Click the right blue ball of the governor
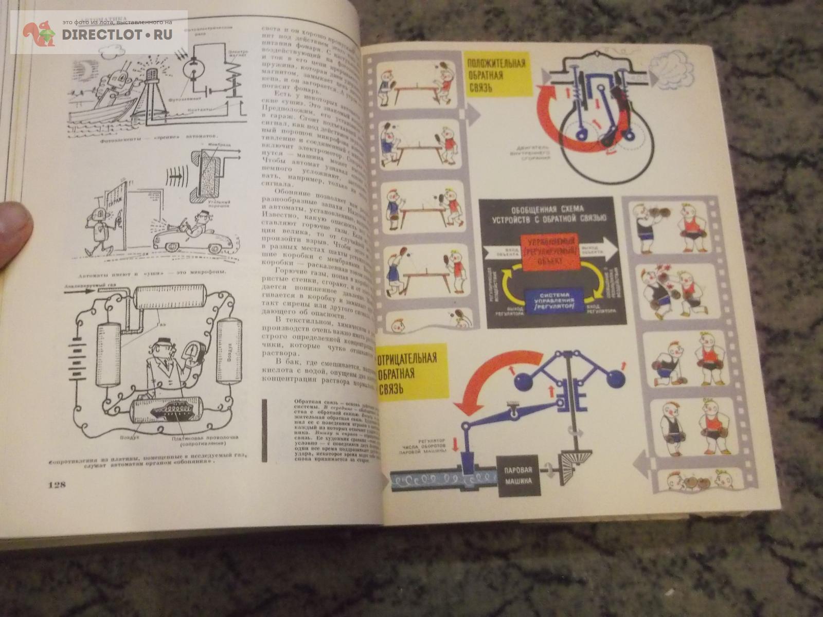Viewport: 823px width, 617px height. coord(614,379)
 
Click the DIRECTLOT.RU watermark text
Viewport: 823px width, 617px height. coord(117,34)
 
